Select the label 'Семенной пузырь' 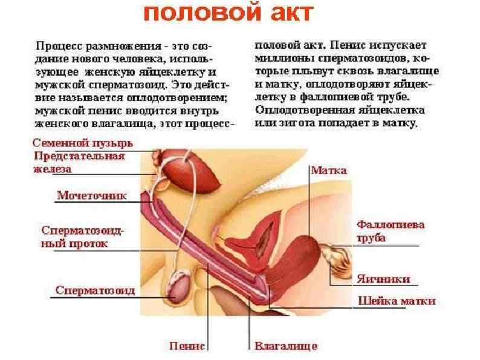pos(82,144)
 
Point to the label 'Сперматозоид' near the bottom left pos(95,290)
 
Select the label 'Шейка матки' pos(397,301)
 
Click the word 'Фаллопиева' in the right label pos(389,224)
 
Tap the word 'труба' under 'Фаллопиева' pos(371,237)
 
